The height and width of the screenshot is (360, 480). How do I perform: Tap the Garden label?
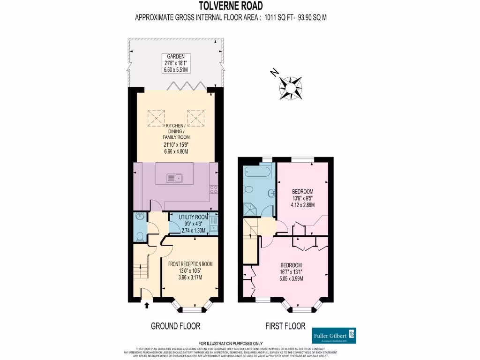click(176, 55)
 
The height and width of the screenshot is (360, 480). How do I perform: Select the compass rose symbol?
click(290, 86)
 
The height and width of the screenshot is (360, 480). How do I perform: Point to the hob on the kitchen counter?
click(214, 189)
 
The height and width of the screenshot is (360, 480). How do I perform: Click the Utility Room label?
click(195, 217)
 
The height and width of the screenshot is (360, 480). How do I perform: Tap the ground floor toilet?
click(140, 236)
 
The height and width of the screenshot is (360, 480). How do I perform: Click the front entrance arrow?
click(148, 305)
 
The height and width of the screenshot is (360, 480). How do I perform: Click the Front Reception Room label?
click(190, 264)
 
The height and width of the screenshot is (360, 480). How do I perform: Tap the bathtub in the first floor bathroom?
click(257, 172)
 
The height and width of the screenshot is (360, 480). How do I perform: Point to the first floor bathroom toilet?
click(248, 189)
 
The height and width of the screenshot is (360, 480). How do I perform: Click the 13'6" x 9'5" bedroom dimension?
click(302, 198)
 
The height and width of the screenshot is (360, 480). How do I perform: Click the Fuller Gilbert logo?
click(334, 336)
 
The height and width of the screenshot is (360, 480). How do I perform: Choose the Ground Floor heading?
click(176, 326)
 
